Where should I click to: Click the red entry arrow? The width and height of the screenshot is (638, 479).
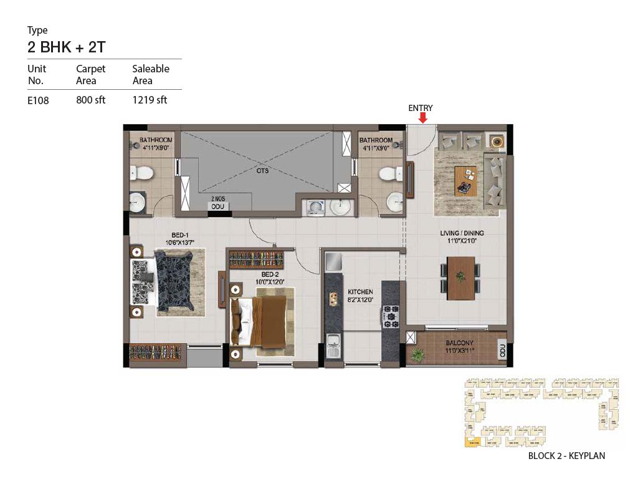click(x=423, y=118)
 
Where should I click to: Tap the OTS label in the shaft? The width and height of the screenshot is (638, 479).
click(x=262, y=171)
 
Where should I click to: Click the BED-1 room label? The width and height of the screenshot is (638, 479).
click(x=180, y=235)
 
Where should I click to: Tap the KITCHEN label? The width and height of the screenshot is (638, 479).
click(x=360, y=292)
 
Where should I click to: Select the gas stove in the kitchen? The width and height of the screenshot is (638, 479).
click(x=390, y=316)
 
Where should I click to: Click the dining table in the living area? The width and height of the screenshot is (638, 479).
click(x=460, y=278)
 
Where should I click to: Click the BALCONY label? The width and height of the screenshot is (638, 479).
click(x=459, y=343)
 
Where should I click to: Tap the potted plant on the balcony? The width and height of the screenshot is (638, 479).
click(x=417, y=354)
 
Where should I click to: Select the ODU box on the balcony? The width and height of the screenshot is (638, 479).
click(x=503, y=350)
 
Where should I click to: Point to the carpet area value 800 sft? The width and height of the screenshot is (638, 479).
click(x=91, y=100)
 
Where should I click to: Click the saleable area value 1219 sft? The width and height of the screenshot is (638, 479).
click(x=150, y=100)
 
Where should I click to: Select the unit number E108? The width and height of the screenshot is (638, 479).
click(x=38, y=100)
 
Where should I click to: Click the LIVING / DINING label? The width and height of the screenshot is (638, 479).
click(x=462, y=233)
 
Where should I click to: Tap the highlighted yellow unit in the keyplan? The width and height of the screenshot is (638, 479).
click(x=473, y=443)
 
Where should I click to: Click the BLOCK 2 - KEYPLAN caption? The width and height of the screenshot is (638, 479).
click(x=566, y=456)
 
